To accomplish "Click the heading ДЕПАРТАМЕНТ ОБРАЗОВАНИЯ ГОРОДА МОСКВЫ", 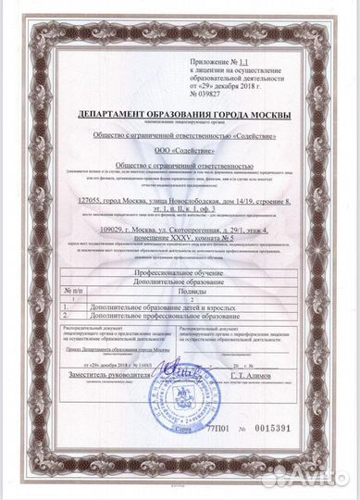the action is [180, 114].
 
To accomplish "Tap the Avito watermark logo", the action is [296, 476].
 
